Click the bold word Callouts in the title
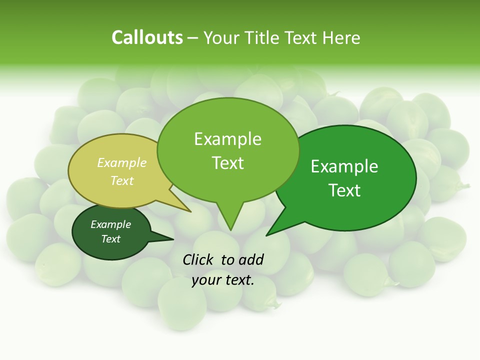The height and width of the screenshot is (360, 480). coord(147,37)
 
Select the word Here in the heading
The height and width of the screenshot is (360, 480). coord(341,37)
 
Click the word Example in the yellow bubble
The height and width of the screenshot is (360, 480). coord(122,162)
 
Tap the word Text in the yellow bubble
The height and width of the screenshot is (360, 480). coord(122,180)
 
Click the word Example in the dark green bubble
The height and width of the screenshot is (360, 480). coord(111,224)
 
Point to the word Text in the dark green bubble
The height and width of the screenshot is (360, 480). coord(111,239)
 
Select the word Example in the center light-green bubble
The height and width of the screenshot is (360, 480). coord(227,139)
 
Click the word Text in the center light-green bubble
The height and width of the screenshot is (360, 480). coord(227,163)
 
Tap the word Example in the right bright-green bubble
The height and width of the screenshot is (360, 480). coord(344,166)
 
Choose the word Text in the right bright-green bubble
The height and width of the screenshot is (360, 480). coord(344,190)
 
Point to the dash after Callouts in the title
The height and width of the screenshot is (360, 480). coord(193,38)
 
